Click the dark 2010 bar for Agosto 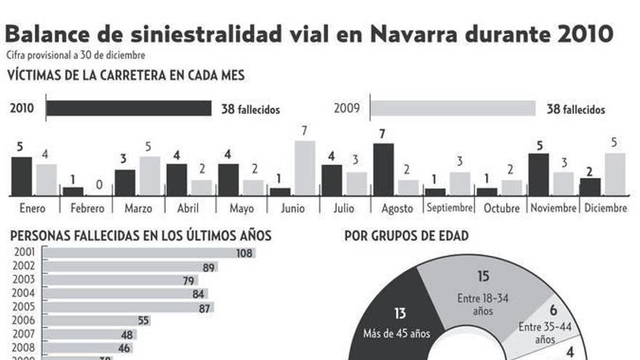pyautogui.click(x=383, y=169)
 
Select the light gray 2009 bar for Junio pyautogui.click(x=305, y=168)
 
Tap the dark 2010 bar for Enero pyautogui.click(x=22, y=176)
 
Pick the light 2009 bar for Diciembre pyautogui.click(x=615, y=174)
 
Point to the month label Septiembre pyautogui.click(x=449, y=208)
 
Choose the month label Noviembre pyautogui.click(x=553, y=208)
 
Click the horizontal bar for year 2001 pyautogui.click(x=138, y=253)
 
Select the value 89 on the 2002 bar pyautogui.click(x=209, y=267)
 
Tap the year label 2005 pyautogui.click(x=23, y=307)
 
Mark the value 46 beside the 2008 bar pyautogui.click(x=124, y=348)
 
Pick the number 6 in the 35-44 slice pyautogui.click(x=553, y=311)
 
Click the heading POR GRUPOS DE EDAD pyautogui.click(x=406, y=236)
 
